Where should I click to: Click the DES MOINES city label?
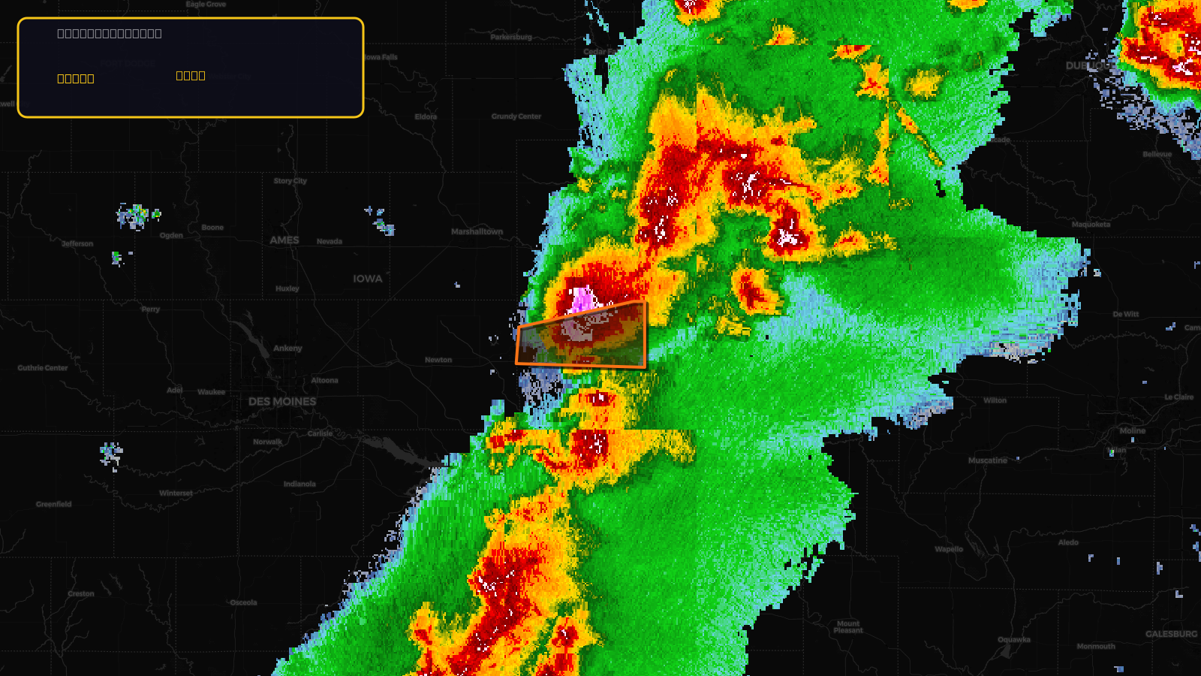pyautogui.click(x=282, y=402)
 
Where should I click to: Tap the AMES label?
pyautogui.click(x=284, y=240)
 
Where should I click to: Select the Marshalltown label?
pyautogui.click(x=477, y=231)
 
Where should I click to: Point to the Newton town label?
pyautogui.click(x=438, y=360)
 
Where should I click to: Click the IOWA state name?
pyautogui.click(x=368, y=279)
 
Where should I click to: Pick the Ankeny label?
pyautogui.click(x=287, y=349)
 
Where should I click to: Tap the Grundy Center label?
pyautogui.click(x=516, y=116)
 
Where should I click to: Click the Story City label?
pyautogui.click(x=290, y=181)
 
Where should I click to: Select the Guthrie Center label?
pyautogui.click(x=43, y=368)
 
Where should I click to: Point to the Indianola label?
pyautogui.click(x=299, y=484)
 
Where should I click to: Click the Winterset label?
pyautogui.click(x=176, y=493)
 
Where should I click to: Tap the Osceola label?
pyautogui.click(x=243, y=602)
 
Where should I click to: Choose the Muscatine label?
pyautogui.click(x=988, y=460)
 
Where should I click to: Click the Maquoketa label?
pyautogui.click(x=1091, y=225)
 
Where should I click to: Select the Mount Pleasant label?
pyautogui.click(x=848, y=626)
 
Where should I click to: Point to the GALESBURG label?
pyautogui.click(x=1171, y=634)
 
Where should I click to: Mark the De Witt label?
pyautogui.click(x=1125, y=315)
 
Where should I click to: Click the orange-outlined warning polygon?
pyautogui.click(x=582, y=342)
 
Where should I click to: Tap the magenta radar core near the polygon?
pyautogui.click(x=582, y=300)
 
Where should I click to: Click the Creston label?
pyautogui.click(x=81, y=593)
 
